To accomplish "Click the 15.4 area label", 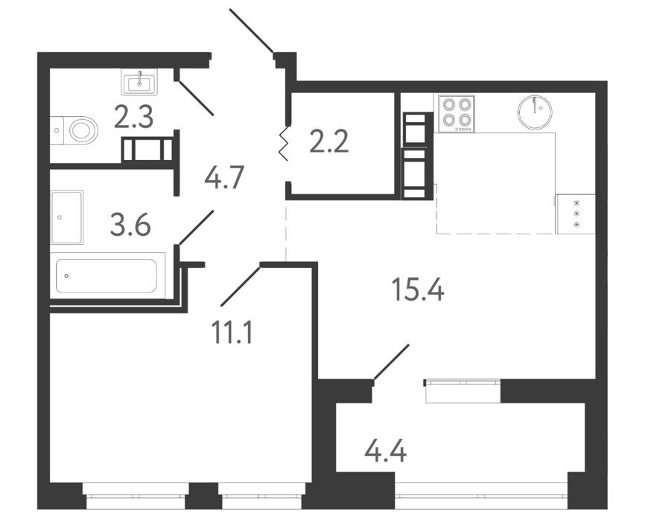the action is pos(417,290).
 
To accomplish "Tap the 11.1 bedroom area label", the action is pos(232,333).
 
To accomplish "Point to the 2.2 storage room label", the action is pos(329,141).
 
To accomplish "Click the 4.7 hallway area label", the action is pos(225,177).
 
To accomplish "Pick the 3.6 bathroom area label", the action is pos(130,226).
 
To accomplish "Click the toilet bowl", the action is pos(74,130).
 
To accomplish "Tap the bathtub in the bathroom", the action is pos(107,275).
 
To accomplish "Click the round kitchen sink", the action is pos(535,112).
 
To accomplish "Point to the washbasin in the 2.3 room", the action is pos(139,82).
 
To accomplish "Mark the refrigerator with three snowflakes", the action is pos(576,214).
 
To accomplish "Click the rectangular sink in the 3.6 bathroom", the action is pos(66,217).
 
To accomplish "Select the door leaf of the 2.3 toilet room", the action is pos(196,98).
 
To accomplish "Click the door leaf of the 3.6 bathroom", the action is pos(196,228).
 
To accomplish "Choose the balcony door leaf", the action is pos(391,362).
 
